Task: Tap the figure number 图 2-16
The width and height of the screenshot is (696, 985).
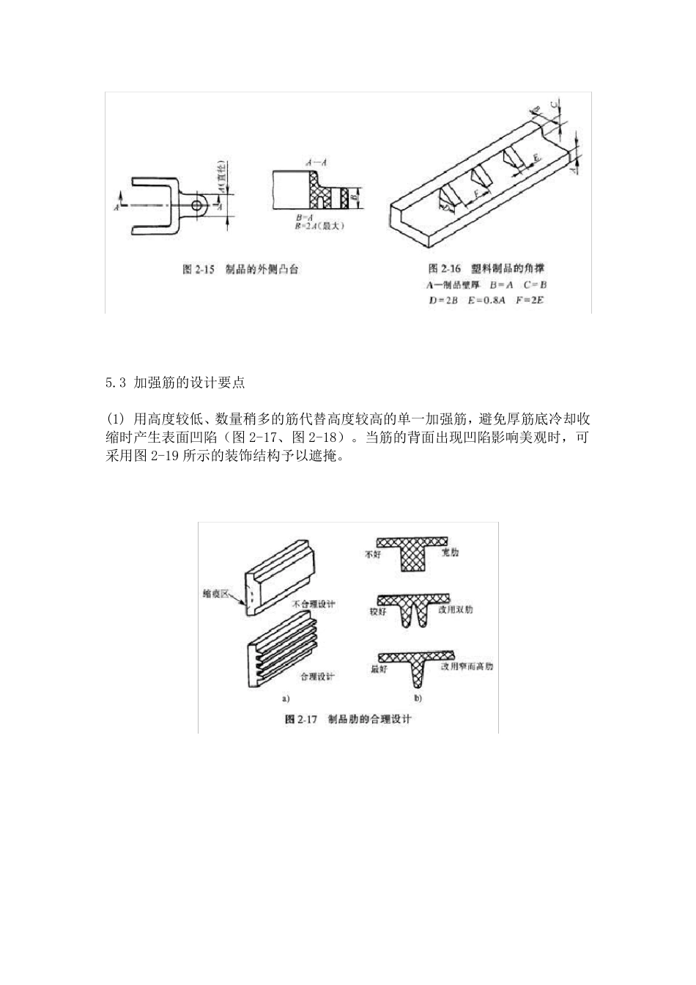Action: pos(444,268)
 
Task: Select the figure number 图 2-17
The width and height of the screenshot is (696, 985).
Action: pos(300,718)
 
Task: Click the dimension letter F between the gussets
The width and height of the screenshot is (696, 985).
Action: pos(477,193)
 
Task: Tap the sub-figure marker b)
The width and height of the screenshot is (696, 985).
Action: pos(418,697)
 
